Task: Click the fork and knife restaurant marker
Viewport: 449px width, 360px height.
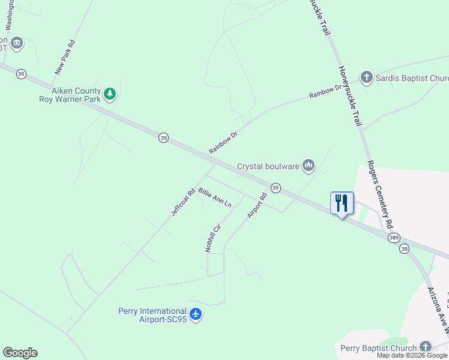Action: (342, 203)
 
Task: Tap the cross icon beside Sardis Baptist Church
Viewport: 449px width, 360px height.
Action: (366, 77)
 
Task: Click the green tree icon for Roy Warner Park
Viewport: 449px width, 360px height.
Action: (109, 94)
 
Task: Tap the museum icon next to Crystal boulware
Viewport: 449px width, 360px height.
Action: (309, 165)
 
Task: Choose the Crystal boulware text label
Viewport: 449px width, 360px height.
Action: (268, 166)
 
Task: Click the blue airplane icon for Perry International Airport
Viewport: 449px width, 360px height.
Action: (196, 314)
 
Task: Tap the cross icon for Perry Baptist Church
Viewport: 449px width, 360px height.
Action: (425, 347)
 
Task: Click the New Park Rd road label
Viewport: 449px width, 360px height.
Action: (64, 58)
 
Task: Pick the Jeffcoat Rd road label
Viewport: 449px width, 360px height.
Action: (183, 203)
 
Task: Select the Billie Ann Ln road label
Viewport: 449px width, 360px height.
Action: (214, 197)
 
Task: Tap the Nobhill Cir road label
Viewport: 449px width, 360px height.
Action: (213, 238)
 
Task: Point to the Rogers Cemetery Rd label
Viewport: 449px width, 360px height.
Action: (381, 193)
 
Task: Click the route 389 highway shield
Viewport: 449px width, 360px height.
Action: (393, 238)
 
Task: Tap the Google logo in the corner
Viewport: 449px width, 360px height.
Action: (20, 353)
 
